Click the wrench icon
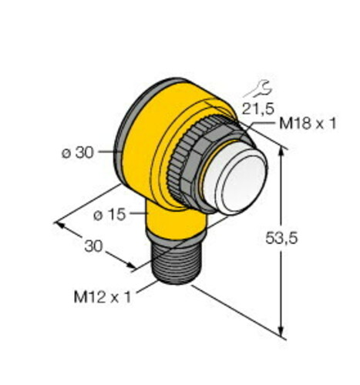click(x=257, y=89)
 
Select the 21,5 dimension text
click(x=258, y=109)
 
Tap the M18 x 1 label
click(x=308, y=124)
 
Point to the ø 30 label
click(x=78, y=153)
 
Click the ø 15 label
click(x=109, y=215)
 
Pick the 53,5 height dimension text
click(x=281, y=238)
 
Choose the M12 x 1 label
click(x=103, y=297)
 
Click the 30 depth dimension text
click(x=93, y=246)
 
